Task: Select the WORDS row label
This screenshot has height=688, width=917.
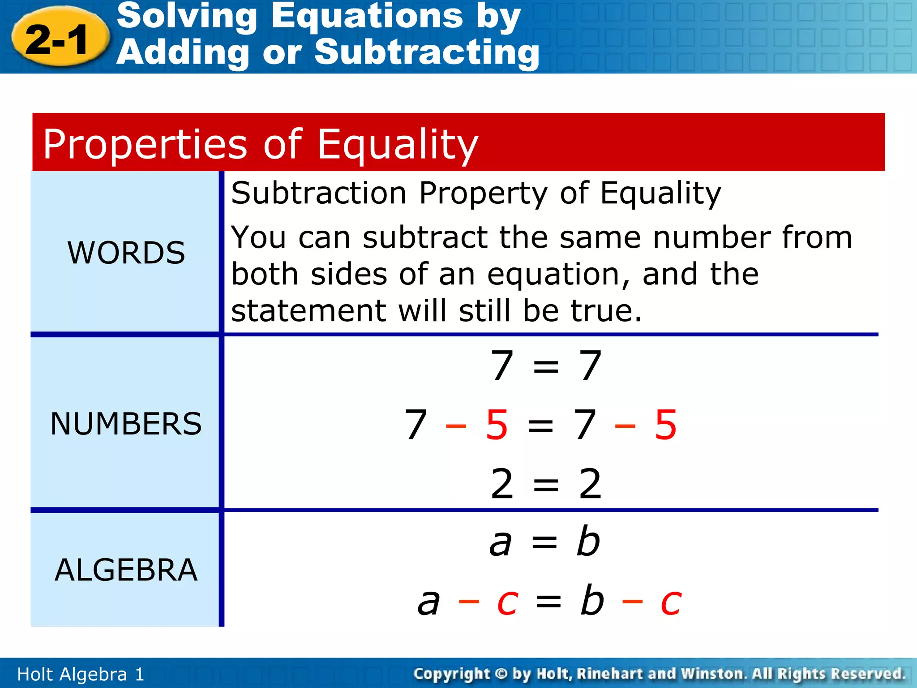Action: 126,253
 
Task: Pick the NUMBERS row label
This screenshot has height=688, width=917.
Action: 126,424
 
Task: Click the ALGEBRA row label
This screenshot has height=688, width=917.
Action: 126,570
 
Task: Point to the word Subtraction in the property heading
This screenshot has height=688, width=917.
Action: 319,193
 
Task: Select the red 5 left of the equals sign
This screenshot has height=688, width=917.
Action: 497,425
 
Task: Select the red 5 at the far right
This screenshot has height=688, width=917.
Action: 665,425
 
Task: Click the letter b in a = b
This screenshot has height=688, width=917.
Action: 587,542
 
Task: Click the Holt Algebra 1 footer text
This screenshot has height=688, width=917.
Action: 81,674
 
